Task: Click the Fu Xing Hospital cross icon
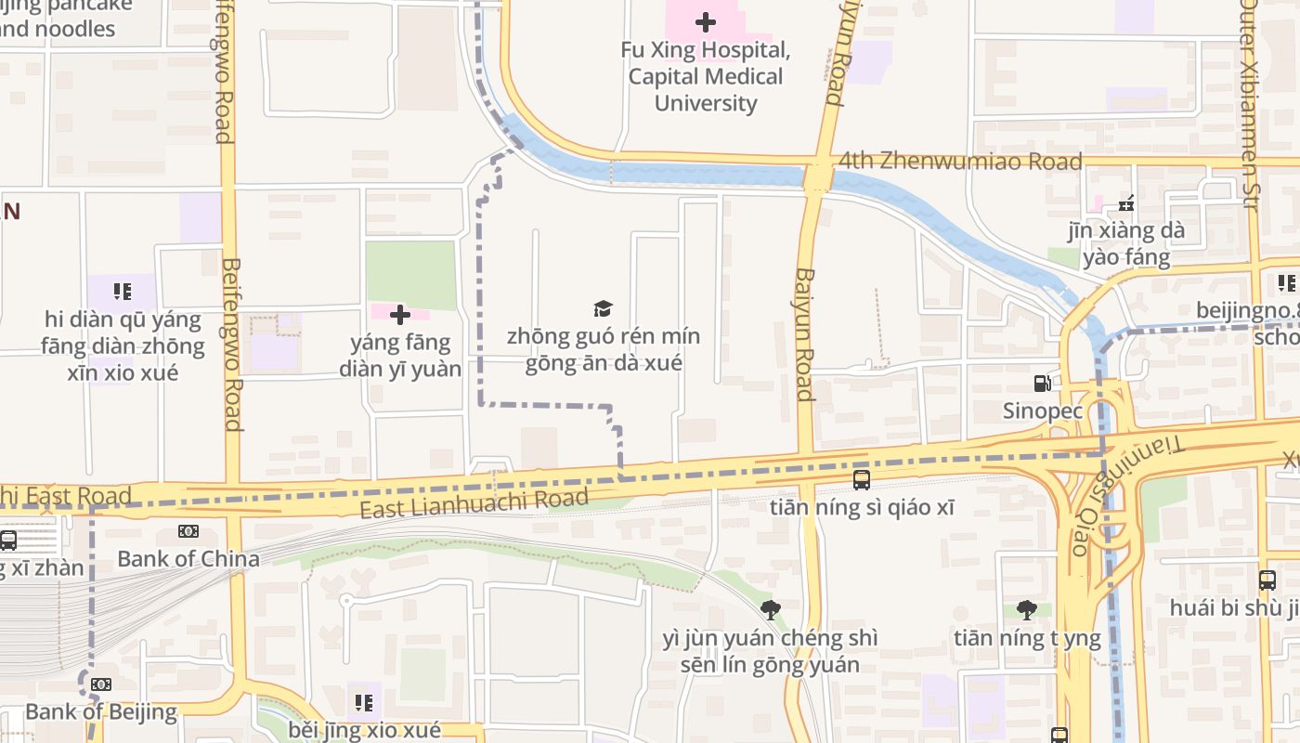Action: pos(706,22)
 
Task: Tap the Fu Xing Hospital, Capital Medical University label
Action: pos(706,76)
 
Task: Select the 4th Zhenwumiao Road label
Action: pos(960,162)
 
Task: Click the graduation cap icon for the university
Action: pos(604,309)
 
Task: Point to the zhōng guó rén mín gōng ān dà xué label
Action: pos(604,349)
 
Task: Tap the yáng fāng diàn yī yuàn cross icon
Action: pos(400,316)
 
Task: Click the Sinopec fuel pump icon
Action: pos(1043,383)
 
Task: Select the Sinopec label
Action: pos(1043,410)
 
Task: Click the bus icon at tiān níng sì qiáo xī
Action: pos(862,480)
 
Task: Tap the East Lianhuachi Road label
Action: pos(474,503)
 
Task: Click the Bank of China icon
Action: pos(188,531)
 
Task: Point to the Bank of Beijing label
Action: pos(100,712)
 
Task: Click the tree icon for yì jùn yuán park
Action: pos(770,610)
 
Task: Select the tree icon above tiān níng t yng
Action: pos(1026,610)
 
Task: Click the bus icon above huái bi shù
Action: pos(1267,580)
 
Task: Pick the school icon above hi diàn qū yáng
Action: pos(123,292)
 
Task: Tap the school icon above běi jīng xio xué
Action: pos(364,702)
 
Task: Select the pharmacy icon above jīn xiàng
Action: pos(1127,203)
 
